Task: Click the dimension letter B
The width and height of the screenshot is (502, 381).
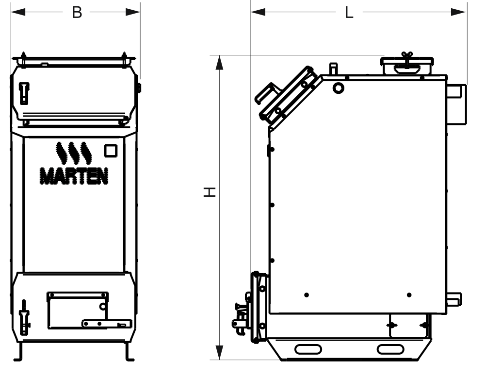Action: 77,13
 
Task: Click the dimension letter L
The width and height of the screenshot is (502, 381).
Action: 349,13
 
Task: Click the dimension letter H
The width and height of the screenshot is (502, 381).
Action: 210,192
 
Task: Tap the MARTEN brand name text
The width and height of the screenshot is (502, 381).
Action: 74,176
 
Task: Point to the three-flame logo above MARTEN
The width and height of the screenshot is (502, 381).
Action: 73,153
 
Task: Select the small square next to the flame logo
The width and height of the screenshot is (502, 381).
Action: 111,151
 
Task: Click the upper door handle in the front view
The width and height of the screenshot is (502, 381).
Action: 24,93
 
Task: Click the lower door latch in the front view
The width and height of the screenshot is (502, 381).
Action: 24,317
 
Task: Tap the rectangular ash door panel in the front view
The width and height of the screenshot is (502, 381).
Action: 78,310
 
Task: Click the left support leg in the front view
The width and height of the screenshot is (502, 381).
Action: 19,352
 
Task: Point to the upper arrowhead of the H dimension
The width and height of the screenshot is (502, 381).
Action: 219,63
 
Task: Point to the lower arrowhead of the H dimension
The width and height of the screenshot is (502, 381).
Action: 219,352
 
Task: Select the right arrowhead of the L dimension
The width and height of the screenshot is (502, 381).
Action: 458,12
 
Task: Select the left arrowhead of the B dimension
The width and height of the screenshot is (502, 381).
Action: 18,12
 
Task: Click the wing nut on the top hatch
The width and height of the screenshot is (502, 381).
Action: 407,56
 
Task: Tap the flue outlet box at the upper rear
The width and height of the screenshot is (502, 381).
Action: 456,104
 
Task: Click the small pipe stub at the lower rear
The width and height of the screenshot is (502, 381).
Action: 454,299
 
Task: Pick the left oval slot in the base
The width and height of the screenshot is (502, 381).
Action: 308,349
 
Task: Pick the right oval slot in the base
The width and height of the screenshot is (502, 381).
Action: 390,349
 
